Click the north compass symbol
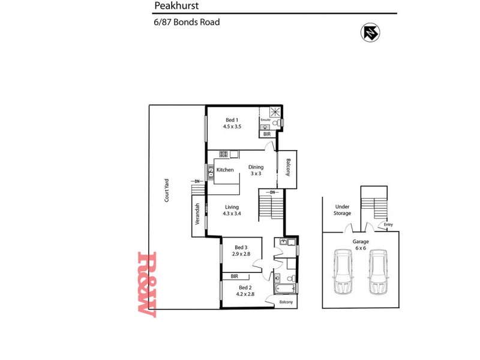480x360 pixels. (370, 33)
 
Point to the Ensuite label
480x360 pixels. (265, 120)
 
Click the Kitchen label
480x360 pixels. (225, 170)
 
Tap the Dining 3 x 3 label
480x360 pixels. (256, 170)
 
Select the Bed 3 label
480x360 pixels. (240, 247)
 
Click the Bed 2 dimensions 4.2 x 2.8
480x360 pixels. (246, 294)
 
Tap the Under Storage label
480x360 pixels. (342, 210)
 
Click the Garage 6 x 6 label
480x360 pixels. (361, 245)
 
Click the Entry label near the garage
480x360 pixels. (388, 225)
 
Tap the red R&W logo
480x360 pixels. (146, 284)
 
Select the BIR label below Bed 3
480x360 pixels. (235, 277)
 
